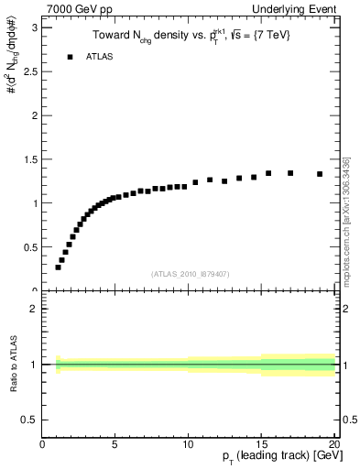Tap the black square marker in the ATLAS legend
(x=70, y=57)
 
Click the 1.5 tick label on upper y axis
(x=29, y=159)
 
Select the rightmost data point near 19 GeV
(x=320, y=174)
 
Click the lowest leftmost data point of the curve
(x=58, y=267)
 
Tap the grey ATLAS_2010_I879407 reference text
(x=191, y=273)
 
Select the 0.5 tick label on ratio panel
(x=29, y=420)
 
